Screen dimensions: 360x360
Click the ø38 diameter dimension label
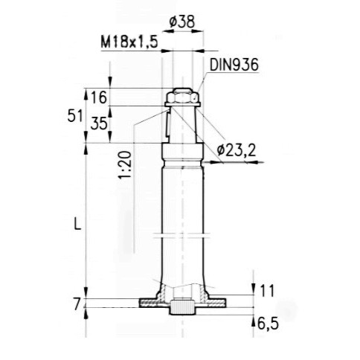click(182, 22)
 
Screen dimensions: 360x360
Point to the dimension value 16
click(98, 96)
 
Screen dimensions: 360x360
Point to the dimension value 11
click(269, 290)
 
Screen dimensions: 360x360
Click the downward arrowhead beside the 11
click(254, 295)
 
